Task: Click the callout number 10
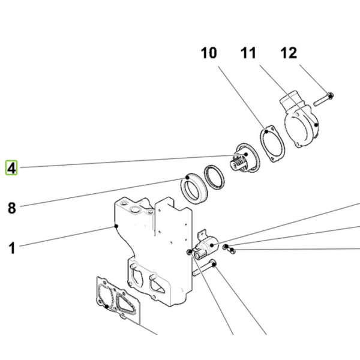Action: [x=209, y=53]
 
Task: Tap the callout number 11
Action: [x=248, y=53]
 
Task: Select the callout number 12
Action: [x=289, y=53]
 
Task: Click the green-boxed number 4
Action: [x=11, y=167]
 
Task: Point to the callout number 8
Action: [x=12, y=208]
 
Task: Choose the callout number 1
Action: [x=12, y=248]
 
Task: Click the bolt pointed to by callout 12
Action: [x=323, y=100]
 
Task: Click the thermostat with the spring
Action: [x=245, y=158]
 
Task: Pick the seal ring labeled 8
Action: [x=194, y=188]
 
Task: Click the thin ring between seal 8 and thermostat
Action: [x=214, y=177]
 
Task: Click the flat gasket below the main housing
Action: [x=118, y=299]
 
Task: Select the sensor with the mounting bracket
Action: [x=205, y=246]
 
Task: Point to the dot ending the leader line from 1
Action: [x=116, y=226]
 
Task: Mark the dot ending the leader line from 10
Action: [x=266, y=131]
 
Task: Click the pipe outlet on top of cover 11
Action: [x=292, y=100]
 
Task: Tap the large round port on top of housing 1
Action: [x=135, y=209]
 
